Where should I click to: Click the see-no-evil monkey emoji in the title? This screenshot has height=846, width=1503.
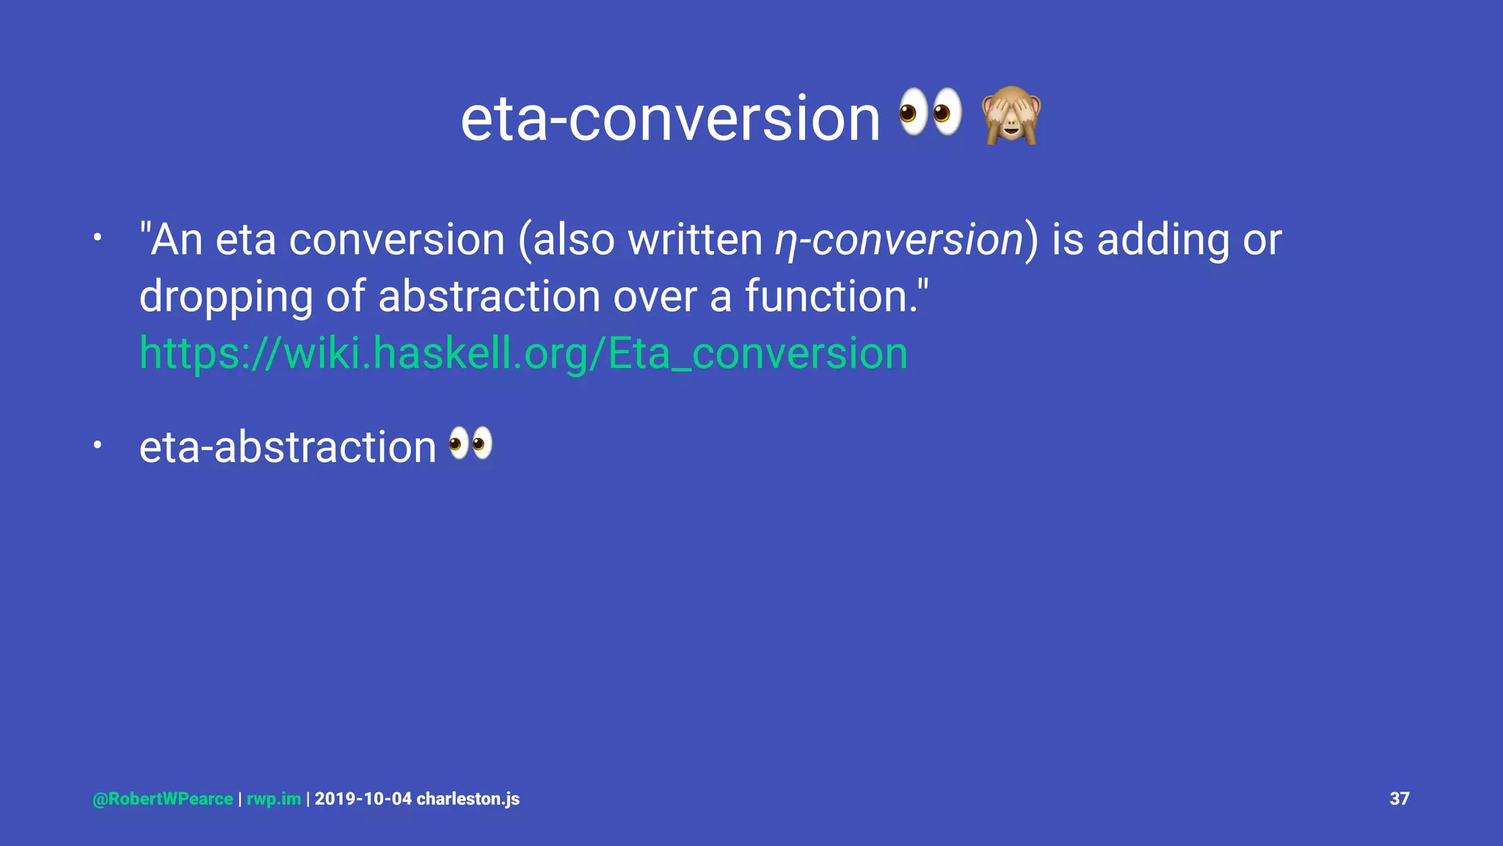coord(1011,115)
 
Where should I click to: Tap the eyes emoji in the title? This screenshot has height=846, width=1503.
coord(931,112)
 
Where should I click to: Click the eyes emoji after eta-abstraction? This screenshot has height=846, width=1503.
coord(470,444)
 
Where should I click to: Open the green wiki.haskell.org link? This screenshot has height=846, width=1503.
coord(523,353)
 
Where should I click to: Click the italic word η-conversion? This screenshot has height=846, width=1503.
coord(899,240)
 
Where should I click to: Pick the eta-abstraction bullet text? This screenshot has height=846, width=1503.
coord(288,446)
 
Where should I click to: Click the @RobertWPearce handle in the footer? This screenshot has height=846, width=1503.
coord(163,799)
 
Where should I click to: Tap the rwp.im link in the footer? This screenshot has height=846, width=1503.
coord(273,799)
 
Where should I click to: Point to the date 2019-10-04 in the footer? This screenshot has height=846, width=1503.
coord(363,799)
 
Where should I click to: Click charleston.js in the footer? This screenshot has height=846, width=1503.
coord(467,799)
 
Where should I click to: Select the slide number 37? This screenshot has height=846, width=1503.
coord(1399,799)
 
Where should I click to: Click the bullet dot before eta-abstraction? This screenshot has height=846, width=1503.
coord(97,445)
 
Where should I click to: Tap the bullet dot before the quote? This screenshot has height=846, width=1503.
coord(97,238)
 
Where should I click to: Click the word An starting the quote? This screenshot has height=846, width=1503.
coord(176,240)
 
